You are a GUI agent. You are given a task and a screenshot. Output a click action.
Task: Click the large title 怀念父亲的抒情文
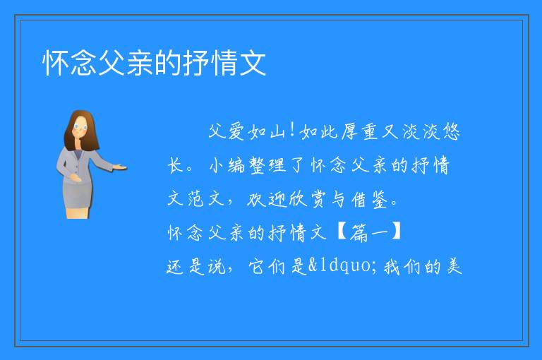click(154, 63)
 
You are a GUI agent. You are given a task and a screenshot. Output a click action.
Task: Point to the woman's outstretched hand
click(120, 168)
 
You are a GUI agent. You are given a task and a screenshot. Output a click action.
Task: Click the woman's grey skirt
click(77, 196)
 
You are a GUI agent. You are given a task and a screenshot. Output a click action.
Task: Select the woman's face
click(80, 127)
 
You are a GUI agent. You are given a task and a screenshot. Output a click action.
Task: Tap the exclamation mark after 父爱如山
click(292, 131)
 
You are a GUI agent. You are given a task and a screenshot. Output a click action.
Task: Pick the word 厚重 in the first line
click(359, 132)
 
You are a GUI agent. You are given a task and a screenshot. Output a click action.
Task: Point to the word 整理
click(268, 165)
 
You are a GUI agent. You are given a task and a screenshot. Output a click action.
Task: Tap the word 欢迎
click(267, 199)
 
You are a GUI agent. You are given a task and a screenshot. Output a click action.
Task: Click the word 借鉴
click(370, 199)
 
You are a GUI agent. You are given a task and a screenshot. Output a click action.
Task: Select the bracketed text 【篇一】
click(368, 232)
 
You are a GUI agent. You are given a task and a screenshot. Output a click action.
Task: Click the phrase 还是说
click(196, 266)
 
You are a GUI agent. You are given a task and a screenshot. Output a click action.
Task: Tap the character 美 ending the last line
click(454, 266)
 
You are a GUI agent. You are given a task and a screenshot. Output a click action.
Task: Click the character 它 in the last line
click(256, 266)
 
